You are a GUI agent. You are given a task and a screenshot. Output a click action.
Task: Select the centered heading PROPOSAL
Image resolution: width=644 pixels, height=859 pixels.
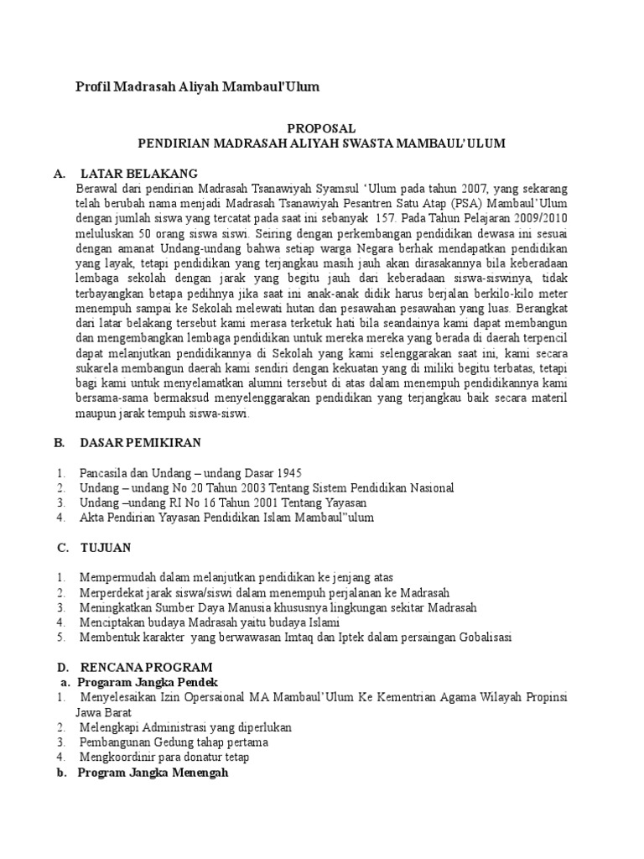click(x=322, y=128)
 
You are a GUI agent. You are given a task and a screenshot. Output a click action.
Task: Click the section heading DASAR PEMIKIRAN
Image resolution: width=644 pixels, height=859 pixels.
click(x=140, y=442)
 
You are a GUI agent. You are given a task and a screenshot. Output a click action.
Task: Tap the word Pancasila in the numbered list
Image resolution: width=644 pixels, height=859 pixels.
click(x=105, y=472)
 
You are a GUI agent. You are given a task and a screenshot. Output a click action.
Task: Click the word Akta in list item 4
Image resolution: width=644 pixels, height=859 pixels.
click(x=92, y=518)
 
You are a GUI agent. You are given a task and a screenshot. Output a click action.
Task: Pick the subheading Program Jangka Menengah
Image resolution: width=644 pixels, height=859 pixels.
click(x=153, y=773)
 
